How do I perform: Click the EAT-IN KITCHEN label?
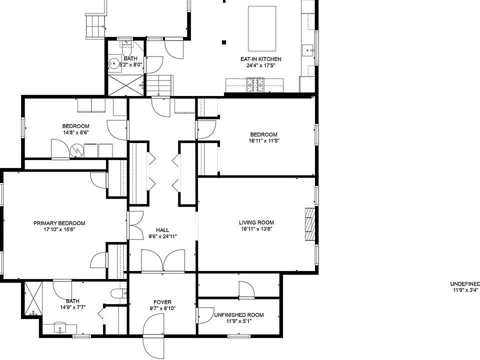[x=260, y=59]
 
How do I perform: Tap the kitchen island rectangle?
[x=261, y=28]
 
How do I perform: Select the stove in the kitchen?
[x=255, y=85]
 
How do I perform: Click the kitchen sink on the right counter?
[x=308, y=50]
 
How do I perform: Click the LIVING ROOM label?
[x=256, y=222]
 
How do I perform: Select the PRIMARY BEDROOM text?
[x=59, y=223]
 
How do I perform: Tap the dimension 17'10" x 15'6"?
[x=59, y=229]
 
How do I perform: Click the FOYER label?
[x=162, y=302]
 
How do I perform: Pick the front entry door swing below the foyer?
[x=152, y=333]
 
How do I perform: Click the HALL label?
[x=162, y=230]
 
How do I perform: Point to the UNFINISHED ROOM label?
[x=239, y=315]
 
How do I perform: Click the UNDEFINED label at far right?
[x=465, y=284]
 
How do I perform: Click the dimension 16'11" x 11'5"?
[x=263, y=140]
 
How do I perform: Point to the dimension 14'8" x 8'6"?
[x=75, y=132]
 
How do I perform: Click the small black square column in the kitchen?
[x=224, y=42]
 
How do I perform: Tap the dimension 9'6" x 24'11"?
[x=162, y=236]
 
